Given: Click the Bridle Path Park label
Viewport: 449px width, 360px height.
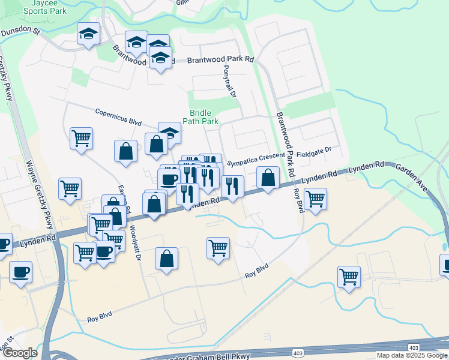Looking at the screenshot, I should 204,117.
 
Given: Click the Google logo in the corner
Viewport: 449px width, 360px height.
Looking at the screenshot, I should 20,353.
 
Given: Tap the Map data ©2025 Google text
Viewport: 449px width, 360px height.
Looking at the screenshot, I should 412,355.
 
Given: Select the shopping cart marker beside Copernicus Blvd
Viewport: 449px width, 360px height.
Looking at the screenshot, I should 81,138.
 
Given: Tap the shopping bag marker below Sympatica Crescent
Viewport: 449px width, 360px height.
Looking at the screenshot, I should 268,178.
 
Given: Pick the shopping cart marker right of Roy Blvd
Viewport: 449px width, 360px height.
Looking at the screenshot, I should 315,199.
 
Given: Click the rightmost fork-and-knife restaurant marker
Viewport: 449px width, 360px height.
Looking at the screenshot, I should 232,187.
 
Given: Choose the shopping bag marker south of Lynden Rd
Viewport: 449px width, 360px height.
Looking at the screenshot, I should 167,259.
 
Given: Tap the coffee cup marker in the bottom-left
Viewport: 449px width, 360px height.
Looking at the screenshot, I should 20,272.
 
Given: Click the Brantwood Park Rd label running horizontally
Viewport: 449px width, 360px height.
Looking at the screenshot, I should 220,60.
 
